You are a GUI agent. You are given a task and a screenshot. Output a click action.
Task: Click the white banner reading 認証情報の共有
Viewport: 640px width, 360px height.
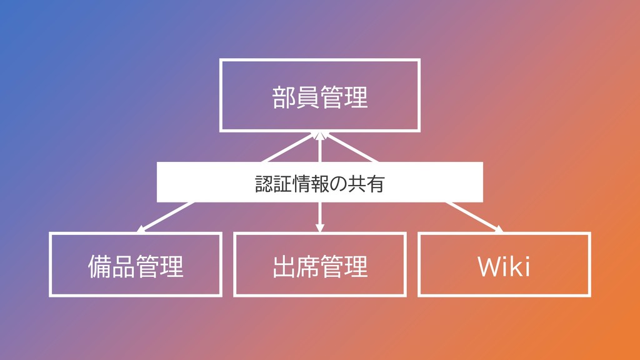point(319,182)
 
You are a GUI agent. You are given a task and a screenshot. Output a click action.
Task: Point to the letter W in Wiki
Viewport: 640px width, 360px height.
point(489,267)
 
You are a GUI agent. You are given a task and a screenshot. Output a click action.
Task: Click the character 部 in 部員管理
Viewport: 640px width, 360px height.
point(284,97)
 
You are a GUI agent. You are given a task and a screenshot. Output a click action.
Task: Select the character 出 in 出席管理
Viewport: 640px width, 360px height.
point(284,267)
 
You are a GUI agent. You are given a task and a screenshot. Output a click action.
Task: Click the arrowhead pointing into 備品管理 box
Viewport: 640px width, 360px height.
point(141,229)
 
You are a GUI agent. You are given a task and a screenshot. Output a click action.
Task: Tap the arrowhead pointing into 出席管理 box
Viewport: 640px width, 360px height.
point(320,228)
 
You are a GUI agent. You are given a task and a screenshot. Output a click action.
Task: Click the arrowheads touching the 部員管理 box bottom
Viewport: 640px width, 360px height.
point(319,136)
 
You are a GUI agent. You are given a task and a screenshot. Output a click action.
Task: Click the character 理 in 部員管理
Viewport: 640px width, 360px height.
point(356,97)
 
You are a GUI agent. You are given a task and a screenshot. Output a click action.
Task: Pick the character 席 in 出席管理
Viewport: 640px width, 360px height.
point(307,267)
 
